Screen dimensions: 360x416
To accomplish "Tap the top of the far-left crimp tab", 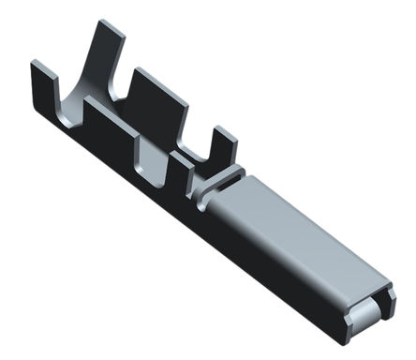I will click(39, 67).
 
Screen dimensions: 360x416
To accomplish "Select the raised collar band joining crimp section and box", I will click(217, 183).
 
